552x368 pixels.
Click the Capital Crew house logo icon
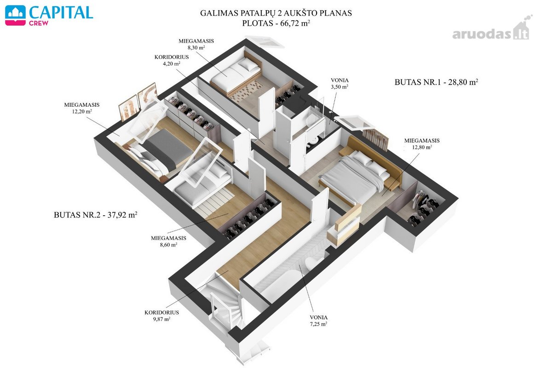coord(15,15)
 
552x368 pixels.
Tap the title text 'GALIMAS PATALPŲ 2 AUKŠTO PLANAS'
coord(276,13)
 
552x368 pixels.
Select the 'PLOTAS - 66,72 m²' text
coord(276,23)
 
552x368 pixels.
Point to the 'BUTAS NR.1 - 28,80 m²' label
coord(436,82)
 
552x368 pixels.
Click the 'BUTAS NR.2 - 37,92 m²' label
coord(95,215)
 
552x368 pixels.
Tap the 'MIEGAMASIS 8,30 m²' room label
coord(196,44)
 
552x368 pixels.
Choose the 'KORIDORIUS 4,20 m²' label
coord(172,60)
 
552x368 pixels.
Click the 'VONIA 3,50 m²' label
coord(339,84)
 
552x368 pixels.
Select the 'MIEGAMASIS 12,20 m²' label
coord(82,108)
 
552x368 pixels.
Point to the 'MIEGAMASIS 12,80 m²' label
coord(422,144)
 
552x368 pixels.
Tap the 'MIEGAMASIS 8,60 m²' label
coord(168,241)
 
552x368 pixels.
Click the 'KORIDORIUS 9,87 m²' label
coord(161,316)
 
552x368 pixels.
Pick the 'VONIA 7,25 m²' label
coord(319,321)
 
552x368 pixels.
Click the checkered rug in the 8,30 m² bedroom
coord(247,91)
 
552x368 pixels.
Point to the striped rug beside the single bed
coord(215,202)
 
